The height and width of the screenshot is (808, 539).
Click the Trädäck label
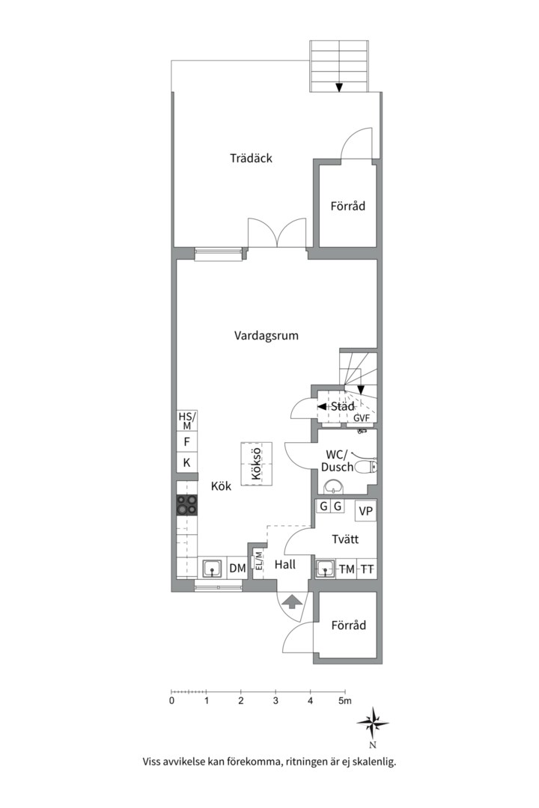point(252,159)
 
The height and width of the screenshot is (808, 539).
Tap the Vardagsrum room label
point(267,336)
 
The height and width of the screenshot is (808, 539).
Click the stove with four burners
point(187,506)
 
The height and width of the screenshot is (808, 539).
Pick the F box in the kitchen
point(186,442)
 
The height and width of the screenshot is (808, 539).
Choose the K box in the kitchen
point(186,463)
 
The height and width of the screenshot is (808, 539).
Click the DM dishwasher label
point(237,569)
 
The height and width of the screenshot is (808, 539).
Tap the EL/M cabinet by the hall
point(258,562)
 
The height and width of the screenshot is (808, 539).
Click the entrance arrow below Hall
point(292,600)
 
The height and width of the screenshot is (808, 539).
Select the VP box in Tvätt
point(366,512)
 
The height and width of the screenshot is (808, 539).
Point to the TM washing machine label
point(347,569)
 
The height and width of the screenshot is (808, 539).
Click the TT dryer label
point(367,569)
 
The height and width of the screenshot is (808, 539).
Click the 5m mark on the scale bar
point(344,701)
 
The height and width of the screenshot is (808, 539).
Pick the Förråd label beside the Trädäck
point(348,206)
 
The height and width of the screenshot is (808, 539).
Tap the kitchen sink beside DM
point(213,569)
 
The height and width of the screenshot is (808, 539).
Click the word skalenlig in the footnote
point(370,762)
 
